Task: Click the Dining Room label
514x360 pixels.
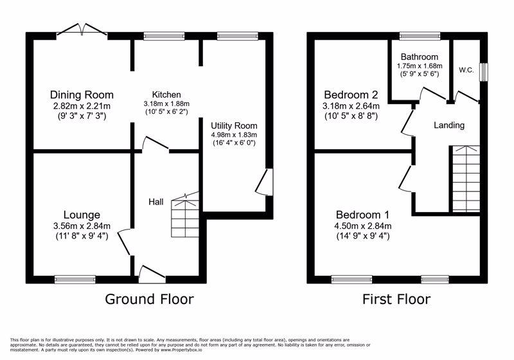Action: click(x=82, y=94)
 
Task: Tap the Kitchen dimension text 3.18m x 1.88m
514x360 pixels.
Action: click(x=166, y=104)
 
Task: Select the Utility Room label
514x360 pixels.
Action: click(x=234, y=125)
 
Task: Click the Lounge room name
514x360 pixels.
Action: click(x=82, y=215)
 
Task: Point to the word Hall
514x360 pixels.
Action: click(x=156, y=202)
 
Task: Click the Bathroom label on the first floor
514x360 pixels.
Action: click(x=420, y=57)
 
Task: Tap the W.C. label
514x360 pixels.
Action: click(x=466, y=70)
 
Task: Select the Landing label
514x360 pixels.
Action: click(x=449, y=125)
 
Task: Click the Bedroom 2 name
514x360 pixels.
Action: click(x=351, y=94)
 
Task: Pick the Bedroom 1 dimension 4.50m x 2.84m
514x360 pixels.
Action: click(x=363, y=226)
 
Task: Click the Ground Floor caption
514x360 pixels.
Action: click(x=149, y=299)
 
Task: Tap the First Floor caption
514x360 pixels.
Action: click(x=396, y=299)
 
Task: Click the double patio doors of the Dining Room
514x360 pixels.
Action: click(x=82, y=29)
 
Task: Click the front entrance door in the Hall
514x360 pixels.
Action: click(x=152, y=274)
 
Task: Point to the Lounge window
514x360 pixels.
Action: click(x=75, y=280)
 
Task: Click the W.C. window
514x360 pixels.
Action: click(x=484, y=71)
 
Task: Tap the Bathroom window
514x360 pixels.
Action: click(x=420, y=36)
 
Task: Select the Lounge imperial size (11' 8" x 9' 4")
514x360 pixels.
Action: click(x=82, y=236)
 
